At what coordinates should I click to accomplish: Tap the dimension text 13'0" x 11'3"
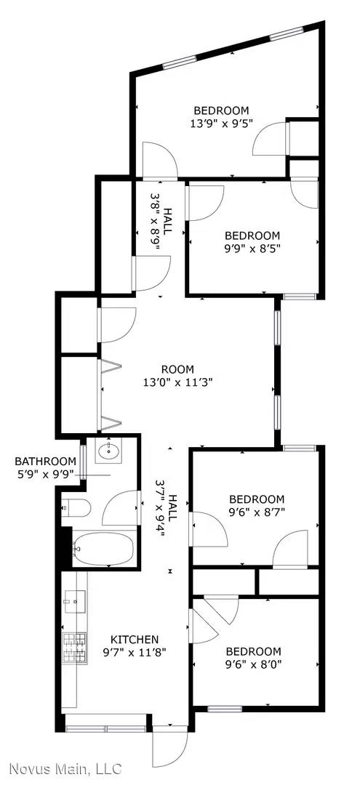pyautogui.click(x=177, y=381)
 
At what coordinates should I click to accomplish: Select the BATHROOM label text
pyautogui.click(x=46, y=461)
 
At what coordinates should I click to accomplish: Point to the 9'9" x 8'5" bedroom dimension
pyautogui.click(x=252, y=248)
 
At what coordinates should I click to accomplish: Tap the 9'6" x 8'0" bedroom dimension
pyautogui.click(x=253, y=664)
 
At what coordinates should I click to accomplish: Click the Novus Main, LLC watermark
pyautogui.click(x=65, y=768)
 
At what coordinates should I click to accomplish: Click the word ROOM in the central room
pyautogui.click(x=177, y=369)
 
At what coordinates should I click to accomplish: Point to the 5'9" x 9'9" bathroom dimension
pyautogui.click(x=46, y=474)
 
